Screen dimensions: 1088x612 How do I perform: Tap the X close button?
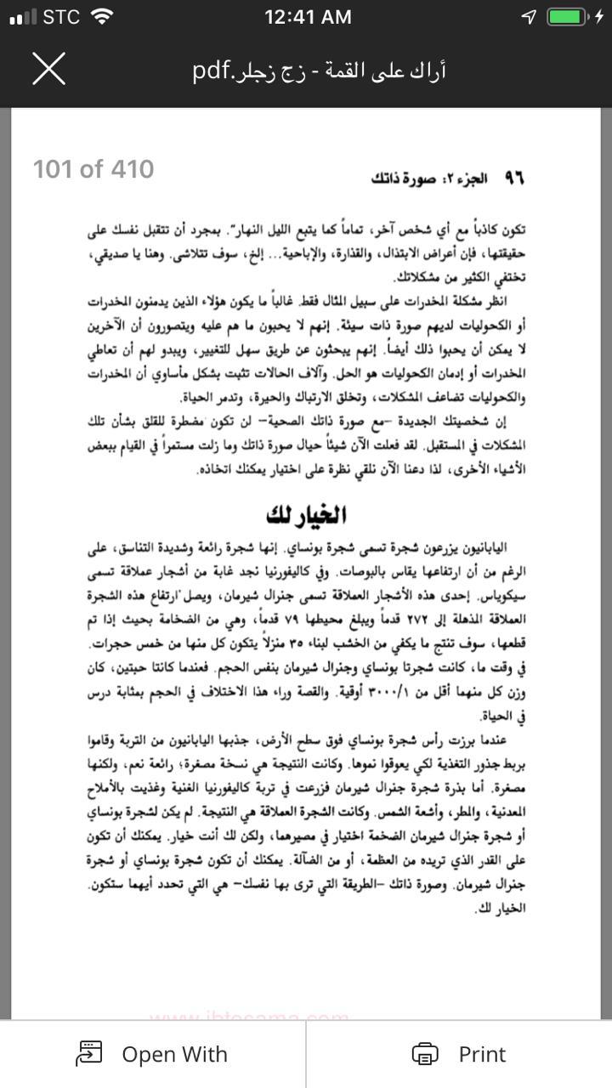(48, 69)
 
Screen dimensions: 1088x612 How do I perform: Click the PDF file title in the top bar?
(331, 70)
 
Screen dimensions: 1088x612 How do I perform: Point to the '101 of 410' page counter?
(93, 169)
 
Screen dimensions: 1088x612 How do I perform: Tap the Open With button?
(152, 1054)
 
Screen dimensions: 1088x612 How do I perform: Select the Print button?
(458, 1054)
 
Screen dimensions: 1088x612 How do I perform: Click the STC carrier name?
(60, 16)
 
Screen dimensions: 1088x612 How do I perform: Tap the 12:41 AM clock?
(307, 16)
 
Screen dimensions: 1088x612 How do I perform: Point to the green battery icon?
(566, 16)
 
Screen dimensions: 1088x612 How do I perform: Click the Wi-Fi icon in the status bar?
(102, 16)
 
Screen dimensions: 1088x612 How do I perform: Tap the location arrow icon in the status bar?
(530, 16)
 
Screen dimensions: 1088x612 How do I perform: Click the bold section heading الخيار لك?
(306, 514)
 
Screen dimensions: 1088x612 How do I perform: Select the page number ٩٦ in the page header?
(514, 178)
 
